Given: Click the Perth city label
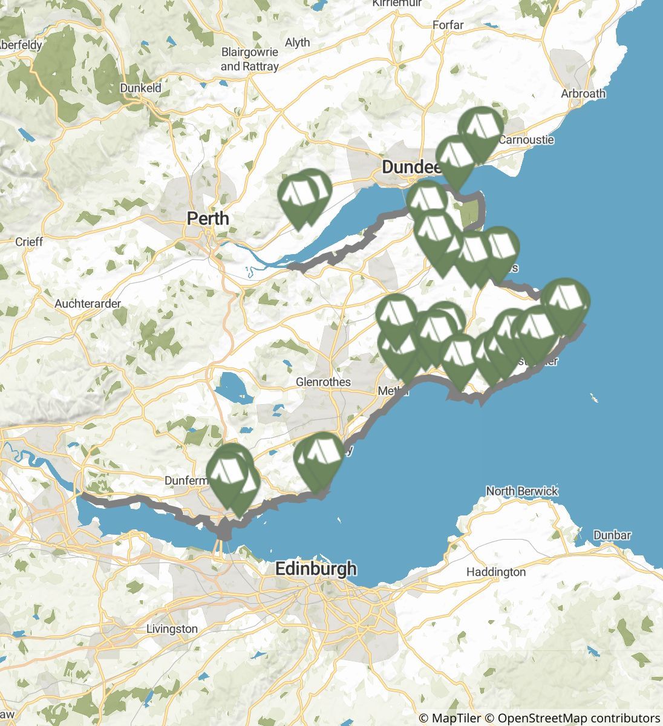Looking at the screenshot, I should (207, 218).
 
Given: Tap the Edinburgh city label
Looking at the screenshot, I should (315, 569).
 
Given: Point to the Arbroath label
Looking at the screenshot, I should (583, 93).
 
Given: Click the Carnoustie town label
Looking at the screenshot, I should (526, 140).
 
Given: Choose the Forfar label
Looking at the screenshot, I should (448, 25).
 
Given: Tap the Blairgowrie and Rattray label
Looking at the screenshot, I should (250, 59).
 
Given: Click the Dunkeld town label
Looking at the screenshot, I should (140, 88).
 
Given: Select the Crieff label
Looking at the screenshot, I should (29, 242).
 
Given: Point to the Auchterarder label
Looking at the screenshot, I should (88, 303).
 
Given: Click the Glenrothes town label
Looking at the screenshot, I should (323, 382).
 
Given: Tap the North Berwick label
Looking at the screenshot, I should (521, 491).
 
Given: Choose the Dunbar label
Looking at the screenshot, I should (612, 535).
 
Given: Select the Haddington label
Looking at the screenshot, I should (496, 572).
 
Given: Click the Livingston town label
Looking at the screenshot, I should (172, 629).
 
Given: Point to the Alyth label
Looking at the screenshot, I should (297, 42).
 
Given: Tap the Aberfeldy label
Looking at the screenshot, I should (21, 45).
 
